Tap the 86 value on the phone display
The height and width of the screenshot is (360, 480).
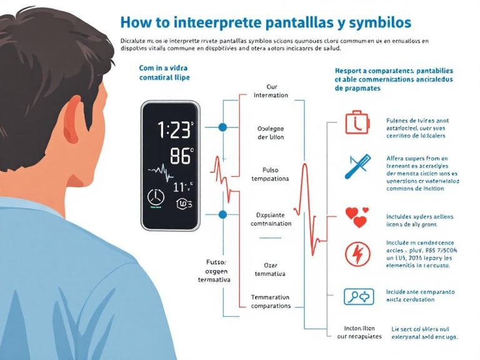tap(181, 156)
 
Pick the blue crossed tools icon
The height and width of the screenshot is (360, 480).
tap(357, 166)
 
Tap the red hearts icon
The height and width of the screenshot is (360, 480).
tap(357, 217)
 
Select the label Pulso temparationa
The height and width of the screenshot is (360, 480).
tap(270, 174)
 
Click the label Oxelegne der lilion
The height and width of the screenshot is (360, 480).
tap(271, 132)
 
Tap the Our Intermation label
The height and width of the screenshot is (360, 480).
tap(271, 91)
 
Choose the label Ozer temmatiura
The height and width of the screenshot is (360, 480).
tap(270, 269)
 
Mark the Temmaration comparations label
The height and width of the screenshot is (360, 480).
tap(271, 301)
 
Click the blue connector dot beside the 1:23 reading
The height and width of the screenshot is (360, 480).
tap(222, 127)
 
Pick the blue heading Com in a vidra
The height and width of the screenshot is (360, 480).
tap(164, 71)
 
